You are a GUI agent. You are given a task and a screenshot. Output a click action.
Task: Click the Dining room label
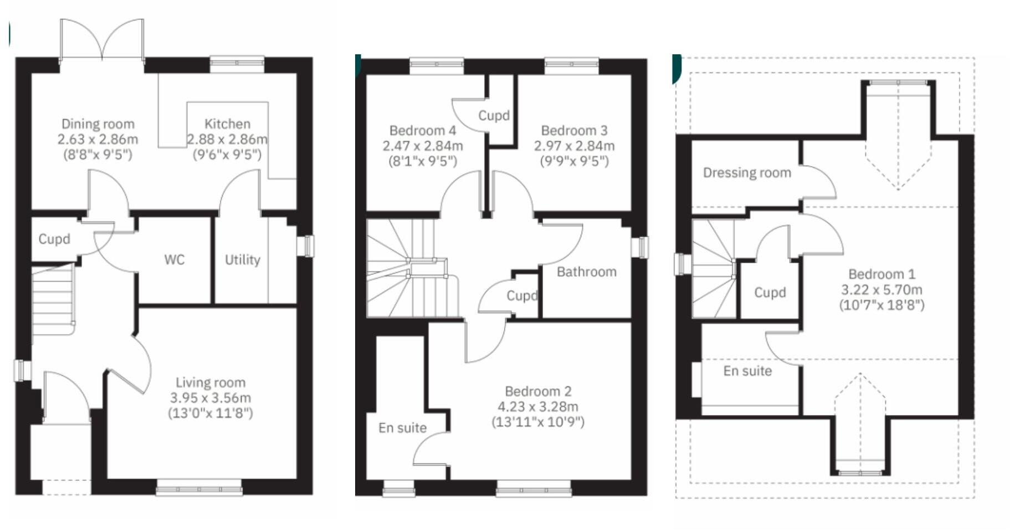(98, 124)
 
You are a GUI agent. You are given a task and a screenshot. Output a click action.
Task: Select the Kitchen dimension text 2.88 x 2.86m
(227, 139)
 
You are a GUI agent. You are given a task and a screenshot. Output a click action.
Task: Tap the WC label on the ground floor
(174, 260)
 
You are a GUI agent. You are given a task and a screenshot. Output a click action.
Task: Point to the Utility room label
(242, 260)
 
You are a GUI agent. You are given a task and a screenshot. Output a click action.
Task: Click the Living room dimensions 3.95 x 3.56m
(210, 398)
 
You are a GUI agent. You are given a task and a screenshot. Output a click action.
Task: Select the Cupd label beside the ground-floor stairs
(54, 239)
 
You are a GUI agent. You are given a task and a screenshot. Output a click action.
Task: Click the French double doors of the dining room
(102, 40)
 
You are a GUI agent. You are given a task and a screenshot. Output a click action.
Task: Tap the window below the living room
(199, 489)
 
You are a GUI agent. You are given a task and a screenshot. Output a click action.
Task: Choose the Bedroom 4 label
(422, 131)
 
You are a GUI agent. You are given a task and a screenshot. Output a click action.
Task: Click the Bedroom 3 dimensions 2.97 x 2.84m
(574, 146)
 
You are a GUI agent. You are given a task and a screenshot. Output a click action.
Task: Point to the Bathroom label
(586, 272)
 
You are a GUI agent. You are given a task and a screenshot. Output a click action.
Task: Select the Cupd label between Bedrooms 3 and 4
(494, 116)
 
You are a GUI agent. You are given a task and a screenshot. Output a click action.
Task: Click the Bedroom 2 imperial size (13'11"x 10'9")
(537, 422)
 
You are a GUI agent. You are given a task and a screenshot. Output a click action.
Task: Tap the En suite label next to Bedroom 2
(402, 428)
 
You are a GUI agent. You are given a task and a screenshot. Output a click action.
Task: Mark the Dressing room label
(746, 173)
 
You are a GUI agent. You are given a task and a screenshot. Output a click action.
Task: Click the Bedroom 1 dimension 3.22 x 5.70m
(881, 290)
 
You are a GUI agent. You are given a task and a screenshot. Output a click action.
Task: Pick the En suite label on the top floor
(747, 371)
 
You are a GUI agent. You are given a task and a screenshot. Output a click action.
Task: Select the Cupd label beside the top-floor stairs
(770, 293)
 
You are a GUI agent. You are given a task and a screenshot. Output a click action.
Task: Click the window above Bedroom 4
(436, 64)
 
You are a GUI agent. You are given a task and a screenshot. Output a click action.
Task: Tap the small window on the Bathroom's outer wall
(642, 247)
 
